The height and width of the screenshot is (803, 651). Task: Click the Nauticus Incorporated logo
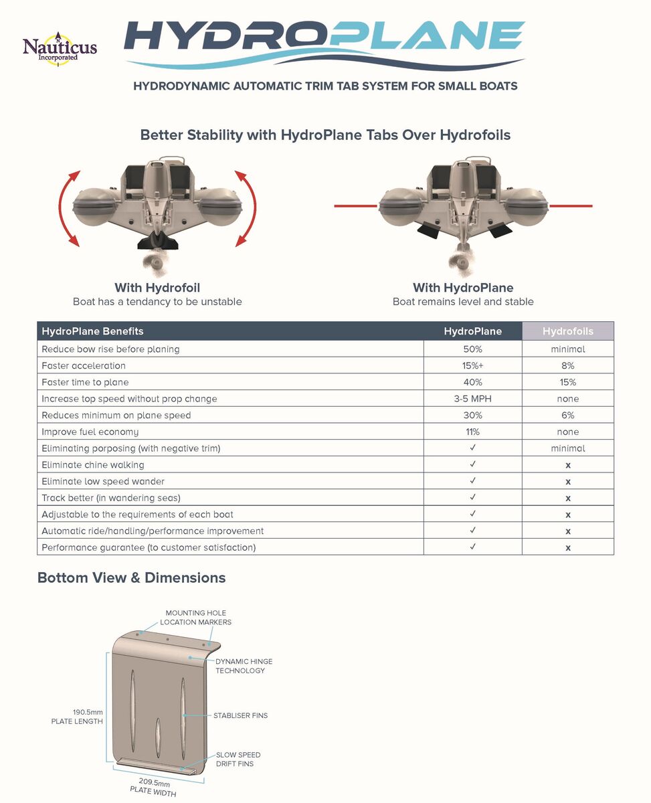click(x=60, y=48)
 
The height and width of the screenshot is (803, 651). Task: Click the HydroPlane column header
click(x=472, y=331)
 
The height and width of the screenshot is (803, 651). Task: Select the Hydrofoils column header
click(x=567, y=331)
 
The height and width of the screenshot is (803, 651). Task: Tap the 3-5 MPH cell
click(x=472, y=399)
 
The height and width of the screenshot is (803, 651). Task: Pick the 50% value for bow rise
click(x=472, y=349)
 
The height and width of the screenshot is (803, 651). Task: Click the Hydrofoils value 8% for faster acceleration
click(x=567, y=366)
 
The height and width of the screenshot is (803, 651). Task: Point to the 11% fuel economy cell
click(x=472, y=432)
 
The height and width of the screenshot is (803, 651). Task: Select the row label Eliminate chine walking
click(x=93, y=465)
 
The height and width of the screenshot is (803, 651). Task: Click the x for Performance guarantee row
click(x=567, y=548)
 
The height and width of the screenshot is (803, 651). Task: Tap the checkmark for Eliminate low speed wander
click(x=472, y=481)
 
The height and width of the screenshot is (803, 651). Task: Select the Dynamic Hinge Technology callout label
click(x=244, y=666)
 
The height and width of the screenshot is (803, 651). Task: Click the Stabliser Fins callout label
click(x=240, y=715)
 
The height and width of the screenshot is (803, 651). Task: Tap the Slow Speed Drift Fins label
click(x=238, y=759)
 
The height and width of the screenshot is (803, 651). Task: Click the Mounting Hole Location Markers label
click(x=195, y=617)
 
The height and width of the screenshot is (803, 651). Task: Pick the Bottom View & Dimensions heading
click(x=131, y=577)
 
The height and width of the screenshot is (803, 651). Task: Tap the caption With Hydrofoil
click(x=157, y=288)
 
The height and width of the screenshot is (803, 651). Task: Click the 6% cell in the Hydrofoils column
click(x=567, y=416)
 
